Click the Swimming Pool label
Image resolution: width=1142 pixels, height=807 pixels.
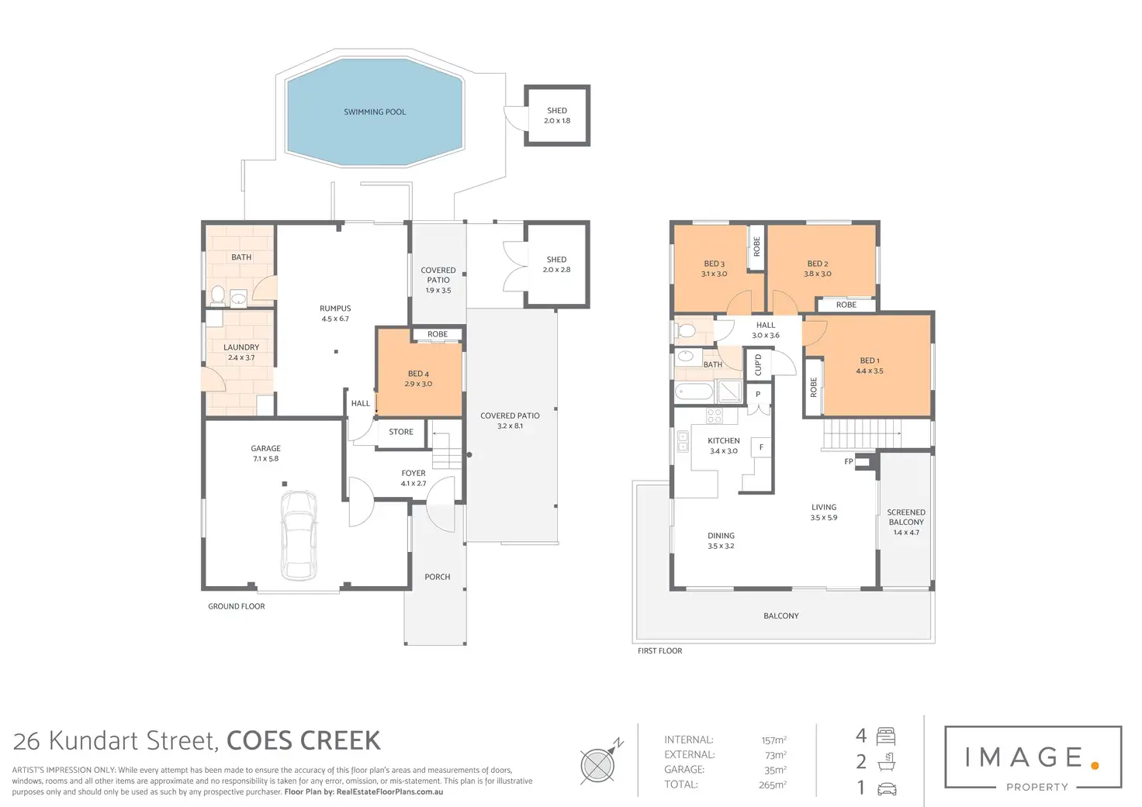pyautogui.click(x=375, y=112)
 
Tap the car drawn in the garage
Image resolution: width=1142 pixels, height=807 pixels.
pyautogui.click(x=299, y=535)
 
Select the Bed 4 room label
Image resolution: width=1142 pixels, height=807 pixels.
pyautogui.click(x=419, y=374)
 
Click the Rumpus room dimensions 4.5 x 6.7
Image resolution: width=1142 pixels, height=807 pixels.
pyautogui.click(x=335, y=319)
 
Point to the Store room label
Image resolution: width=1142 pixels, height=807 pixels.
pyautogui.click(x=401, y=432)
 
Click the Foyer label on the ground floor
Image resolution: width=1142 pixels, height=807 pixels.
pyautogui.click(x=414, y=474)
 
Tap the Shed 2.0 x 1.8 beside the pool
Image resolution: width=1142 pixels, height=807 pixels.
pyautogui.click(x=557, y=116)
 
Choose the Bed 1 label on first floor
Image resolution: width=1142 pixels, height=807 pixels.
pyautogui.click(x=870, y=360)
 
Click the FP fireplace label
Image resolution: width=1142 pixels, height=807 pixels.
pyautogui.click(x=848, y=461)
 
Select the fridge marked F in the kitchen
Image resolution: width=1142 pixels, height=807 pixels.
pyautogui.click(x=761, y=447)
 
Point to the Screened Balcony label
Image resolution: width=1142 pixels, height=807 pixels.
pyautogui.click(x=906, y=517)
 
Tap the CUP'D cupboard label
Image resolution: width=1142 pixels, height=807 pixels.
pyautogui.click(x=758, y=364)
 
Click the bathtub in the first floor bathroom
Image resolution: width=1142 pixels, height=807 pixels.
pyautogui.click(x=694, y=391)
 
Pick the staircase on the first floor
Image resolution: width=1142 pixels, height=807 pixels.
pyautogui.click(x=862, y=435)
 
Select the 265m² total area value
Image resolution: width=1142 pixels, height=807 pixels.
pyautogui.click(x=773, y=785)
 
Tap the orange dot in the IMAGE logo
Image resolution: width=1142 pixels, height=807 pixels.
pyautogui.click(x=1095, y=765)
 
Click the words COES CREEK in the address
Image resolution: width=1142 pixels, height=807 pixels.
pyautogui.click(x=303, y=741)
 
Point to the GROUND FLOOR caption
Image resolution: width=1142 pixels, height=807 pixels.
pyautogui.click(x=237, y=606)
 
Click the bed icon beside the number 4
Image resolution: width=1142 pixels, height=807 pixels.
pyautogui.click(x=886, y=736)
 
